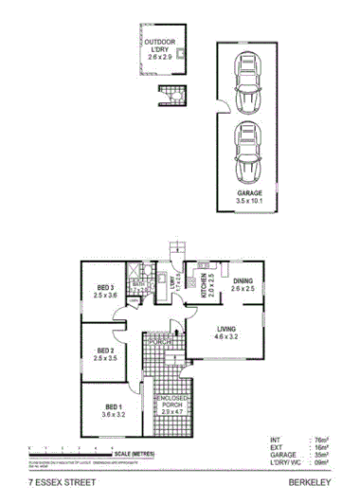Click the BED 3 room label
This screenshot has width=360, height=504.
(x=105, y=288)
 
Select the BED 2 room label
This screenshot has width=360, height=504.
(x=104, y=350)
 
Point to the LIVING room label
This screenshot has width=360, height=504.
(x=225, y=329)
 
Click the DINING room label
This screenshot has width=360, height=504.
(x=243, y=281)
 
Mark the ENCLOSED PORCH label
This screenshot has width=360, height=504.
(x=171, y=405)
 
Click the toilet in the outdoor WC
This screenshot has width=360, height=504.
(x=171, y=94)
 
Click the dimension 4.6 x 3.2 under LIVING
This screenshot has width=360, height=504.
(x=225, y=337)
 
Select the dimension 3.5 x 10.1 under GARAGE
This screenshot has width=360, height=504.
(x=249, y=201)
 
